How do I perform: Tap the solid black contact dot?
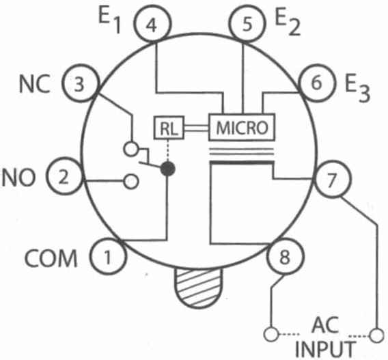click(168, 169)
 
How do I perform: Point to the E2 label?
click(288, 23)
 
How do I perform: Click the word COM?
click(51, 258)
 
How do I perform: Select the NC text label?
click(34, 84)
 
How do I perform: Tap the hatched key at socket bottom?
click(199, 288)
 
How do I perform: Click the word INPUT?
click(325, 349)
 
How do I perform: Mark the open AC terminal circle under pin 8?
click(271, 335)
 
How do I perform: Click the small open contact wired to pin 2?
click(131, 182)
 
